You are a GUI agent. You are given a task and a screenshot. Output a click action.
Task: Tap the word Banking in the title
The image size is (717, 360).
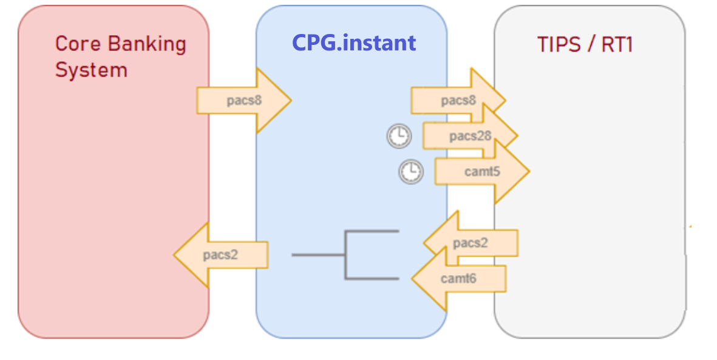(x=148, y=44)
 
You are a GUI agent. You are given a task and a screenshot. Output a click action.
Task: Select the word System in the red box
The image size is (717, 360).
(x=91, y=70)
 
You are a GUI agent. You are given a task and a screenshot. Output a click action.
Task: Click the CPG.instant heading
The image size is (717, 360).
(x=354, y=42)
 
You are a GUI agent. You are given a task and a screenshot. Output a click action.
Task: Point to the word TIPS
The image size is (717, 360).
(x=558, y=44)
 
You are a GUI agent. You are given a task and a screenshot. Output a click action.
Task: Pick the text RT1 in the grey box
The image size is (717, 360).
(x=616, y=44)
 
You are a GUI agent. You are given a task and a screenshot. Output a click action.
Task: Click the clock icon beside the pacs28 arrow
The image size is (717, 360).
(x=398, y=136)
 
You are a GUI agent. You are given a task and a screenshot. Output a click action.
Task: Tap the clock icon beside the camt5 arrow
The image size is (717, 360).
(x=410, y=172)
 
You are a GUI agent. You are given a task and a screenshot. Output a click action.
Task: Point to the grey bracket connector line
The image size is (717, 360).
(x=345, y=255)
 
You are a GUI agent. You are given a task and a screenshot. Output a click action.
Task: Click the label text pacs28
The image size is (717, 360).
(x=470, y=136)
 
